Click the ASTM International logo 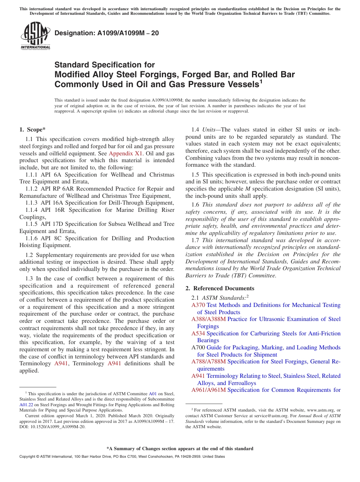[x=35, y=36]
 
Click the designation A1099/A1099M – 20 [x=106, y=33]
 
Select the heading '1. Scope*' [x=33, y=130]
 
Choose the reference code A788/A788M [x=208, y=361]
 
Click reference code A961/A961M [x=208, y=390]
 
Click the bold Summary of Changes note [x=180, y=449]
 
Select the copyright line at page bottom [x=122, y=457]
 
